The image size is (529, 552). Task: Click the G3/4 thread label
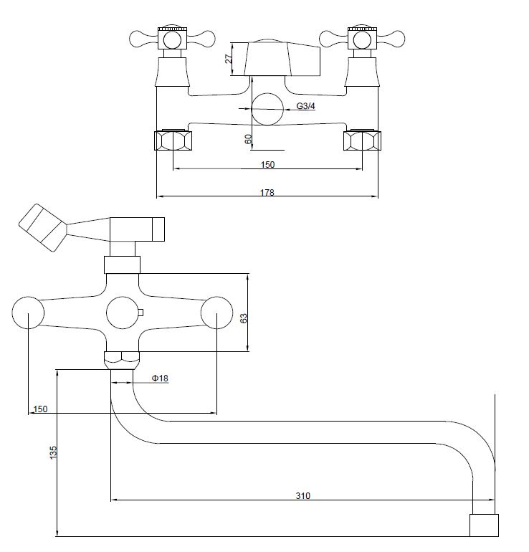(305, 105)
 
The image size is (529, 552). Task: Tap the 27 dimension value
(229, 59)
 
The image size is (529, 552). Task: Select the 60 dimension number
(249, 139)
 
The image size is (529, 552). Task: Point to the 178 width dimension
(267, 192)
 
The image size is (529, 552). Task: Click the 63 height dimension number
(243, 318)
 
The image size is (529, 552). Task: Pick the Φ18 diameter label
(160, 378)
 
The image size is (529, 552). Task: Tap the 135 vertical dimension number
(53, 452)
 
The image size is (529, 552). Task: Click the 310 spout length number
(303, 495)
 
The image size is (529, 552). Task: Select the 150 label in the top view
(267, 164)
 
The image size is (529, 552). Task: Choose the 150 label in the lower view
(40, 409)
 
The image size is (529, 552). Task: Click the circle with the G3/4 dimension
(267, 109)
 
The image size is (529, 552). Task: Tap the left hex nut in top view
(173, 141)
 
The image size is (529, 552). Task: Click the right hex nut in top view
(362, 141)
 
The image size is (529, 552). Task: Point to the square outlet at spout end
(484, 525)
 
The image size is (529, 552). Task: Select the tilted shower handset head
(43, 228)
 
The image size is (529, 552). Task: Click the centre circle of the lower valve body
(122, 313)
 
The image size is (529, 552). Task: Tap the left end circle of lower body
(28, 313)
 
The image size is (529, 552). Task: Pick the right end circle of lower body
(216, 313)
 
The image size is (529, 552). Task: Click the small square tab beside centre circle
(140, 313)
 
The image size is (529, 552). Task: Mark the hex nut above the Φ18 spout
(122, 360)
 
